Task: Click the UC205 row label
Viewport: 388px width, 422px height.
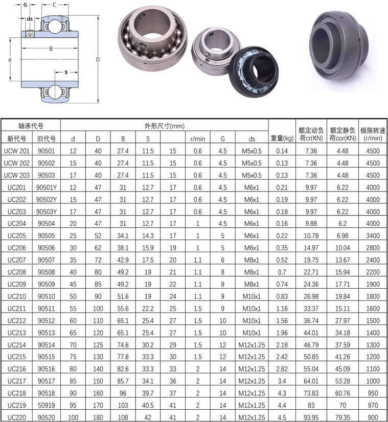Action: [17, 236]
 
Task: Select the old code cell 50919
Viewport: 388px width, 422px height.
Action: [47, 405]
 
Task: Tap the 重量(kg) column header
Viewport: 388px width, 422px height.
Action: [282, 138]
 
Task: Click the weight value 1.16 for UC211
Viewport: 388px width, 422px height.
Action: [282, 309]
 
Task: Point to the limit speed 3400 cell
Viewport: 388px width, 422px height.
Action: [373, 236]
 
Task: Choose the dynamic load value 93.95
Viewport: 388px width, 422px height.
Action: [311, 417]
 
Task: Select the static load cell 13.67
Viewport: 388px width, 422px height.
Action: [343, 260]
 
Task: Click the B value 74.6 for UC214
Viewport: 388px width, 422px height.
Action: [123, 345]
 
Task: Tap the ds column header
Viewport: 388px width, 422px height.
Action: [252, 139]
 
